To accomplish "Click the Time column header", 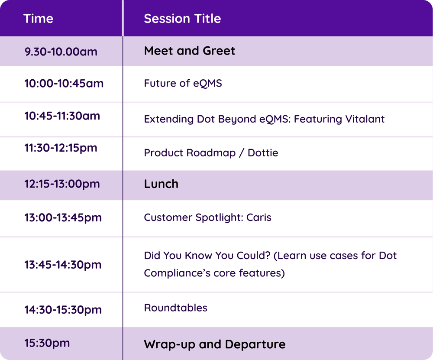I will tap(39, 19).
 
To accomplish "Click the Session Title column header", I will tap(182, 19).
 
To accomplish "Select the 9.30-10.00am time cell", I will tap(61, 52).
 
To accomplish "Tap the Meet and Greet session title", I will tap(189, 51).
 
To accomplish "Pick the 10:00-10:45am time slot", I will tap(64, 83).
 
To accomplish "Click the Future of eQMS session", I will tap(183, 83).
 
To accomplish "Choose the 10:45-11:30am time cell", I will tap(62, 116).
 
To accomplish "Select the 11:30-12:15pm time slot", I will tap(61, 148).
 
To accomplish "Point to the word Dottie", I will tap(263, 153).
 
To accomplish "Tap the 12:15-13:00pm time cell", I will tap(62, 184).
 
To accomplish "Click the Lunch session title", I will tap(161, 184).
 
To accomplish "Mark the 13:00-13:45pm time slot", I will tap(63, 217).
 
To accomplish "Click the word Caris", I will tap(259, 217).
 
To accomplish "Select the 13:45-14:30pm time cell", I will tap(63, 264).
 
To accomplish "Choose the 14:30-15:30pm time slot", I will tap(63, 310).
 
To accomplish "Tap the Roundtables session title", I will tap(175, 308).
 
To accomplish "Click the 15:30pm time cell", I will tap(47, 343).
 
